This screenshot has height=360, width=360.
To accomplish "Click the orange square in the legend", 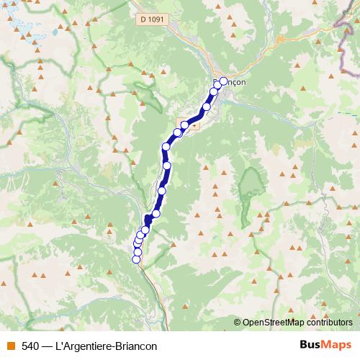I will (x=9, y=346).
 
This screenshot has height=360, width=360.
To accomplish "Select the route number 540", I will (x=30, y=346).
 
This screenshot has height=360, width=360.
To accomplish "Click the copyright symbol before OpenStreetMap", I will (x=238, y=323).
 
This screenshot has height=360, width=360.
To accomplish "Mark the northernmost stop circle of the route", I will (x=223, y=81).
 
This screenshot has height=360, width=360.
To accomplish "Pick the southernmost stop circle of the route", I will (x=136, y=259).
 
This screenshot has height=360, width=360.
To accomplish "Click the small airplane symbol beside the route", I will (x=190, y=123).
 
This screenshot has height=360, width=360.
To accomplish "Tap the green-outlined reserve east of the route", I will (x=251, y=187).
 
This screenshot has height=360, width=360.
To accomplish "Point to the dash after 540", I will (x=47, y=346).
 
